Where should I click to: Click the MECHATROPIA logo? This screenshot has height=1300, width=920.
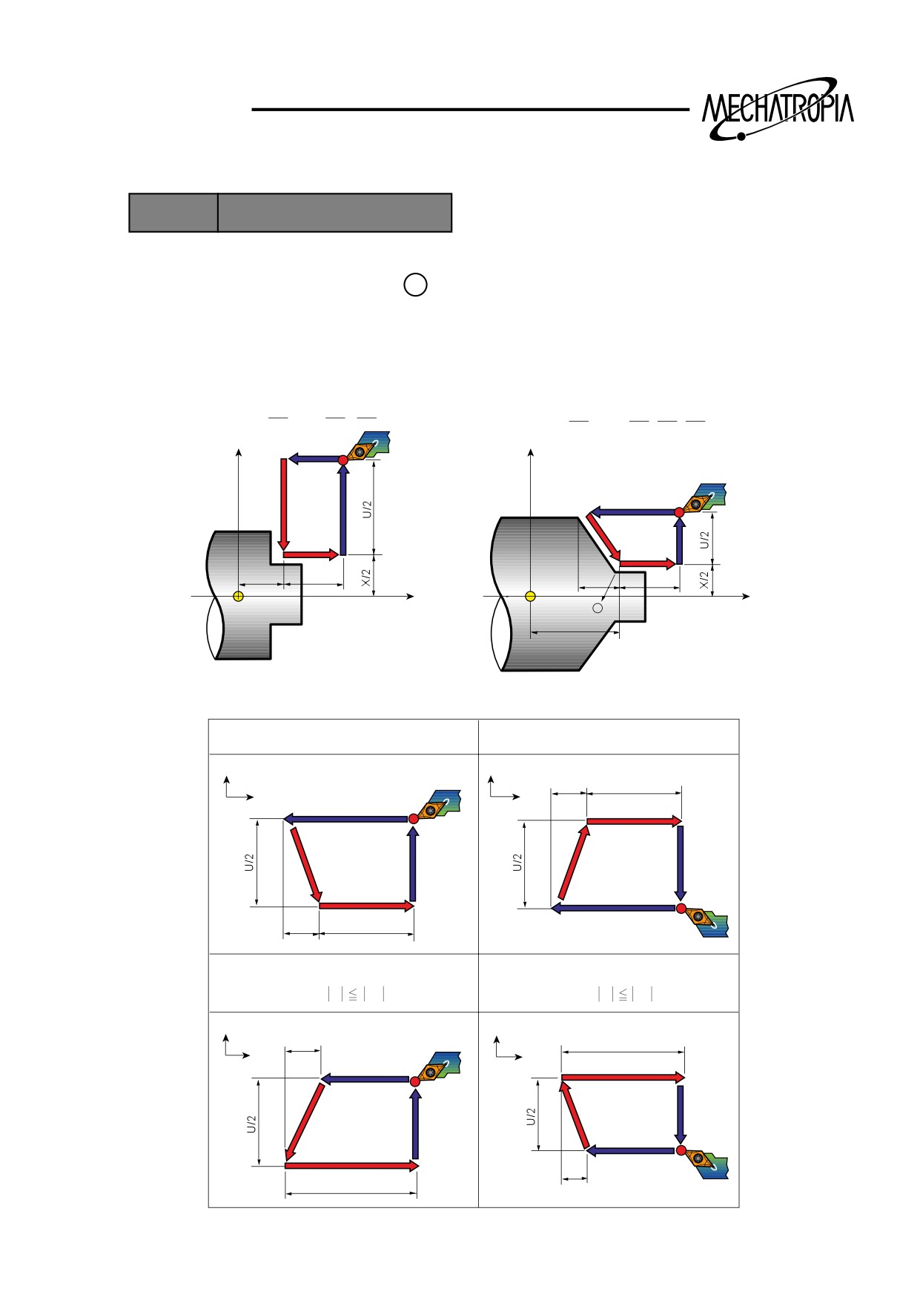click(x=778, y=110)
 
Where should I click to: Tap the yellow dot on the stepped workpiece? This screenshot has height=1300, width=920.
click(x=238, y=597)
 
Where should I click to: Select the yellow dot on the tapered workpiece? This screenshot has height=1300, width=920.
click(x=530, y=597)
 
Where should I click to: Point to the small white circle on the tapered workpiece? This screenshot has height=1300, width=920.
click(x=598, y=608)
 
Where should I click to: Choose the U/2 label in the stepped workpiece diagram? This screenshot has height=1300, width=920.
click(x=367, y=509)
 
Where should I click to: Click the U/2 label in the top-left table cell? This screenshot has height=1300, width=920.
click(x=250, y=862)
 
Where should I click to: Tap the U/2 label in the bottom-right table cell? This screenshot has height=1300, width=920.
click(x=531, y=1117)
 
